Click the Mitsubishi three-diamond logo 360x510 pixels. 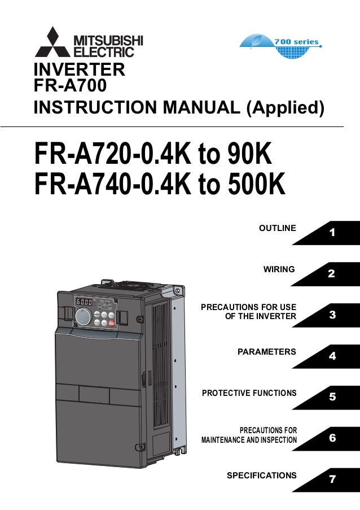click(52, 42)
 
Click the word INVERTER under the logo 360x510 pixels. click(79, 71)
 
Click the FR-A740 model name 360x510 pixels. click(85, 185)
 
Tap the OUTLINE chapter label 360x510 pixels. click(277, 228)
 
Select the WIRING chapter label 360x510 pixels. click(279, 269)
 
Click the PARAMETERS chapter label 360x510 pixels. click(266, 351)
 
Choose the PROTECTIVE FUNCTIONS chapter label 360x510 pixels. click(249, 393)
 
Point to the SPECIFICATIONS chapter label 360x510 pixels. click(261, 475)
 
